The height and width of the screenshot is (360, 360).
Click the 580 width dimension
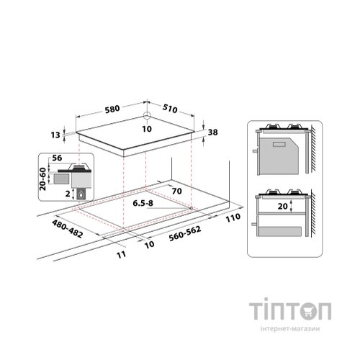click(112, 109)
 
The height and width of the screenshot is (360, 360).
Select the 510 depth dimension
click(170, 109)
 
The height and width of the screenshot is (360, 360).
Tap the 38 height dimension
click(212, 132)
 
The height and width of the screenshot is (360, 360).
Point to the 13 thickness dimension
click(55, 135)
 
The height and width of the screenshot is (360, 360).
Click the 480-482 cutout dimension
click(68, 229)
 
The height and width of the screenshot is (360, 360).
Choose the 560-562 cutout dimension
click(185, 234)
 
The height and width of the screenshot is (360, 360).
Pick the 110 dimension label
click(233, 217)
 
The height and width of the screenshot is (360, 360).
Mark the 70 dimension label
click(176, 192)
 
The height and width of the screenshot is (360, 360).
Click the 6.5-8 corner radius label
click(143, 203)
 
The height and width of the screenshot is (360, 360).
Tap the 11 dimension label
click(122, 254)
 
